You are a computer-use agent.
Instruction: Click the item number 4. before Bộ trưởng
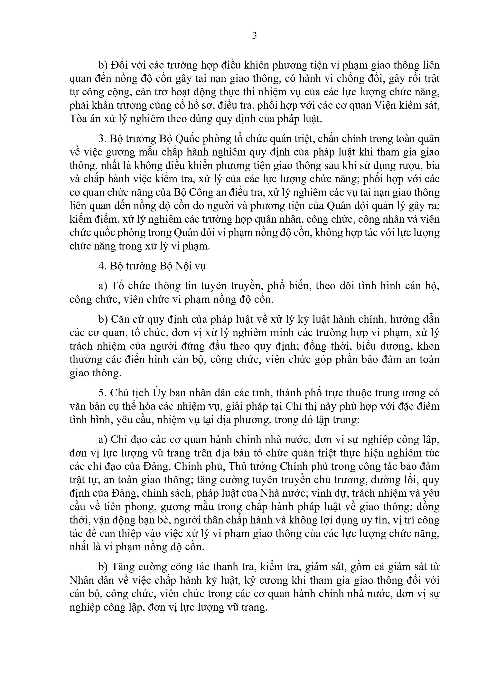coord(103,266)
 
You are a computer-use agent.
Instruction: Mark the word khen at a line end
coord(428,346)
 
